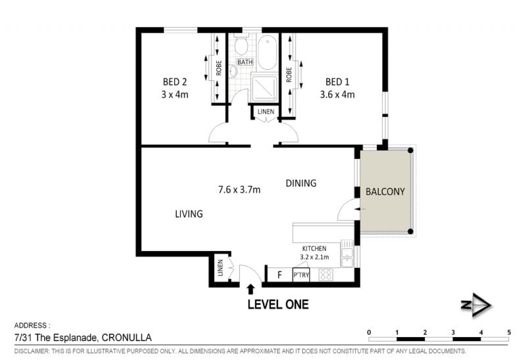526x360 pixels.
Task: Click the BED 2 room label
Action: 175,81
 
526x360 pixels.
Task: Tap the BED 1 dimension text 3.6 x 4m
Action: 337,95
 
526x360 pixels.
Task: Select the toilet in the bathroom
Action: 241,45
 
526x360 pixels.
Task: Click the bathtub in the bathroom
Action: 268,53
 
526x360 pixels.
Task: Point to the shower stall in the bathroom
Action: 264,87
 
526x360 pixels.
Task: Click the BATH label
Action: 245,62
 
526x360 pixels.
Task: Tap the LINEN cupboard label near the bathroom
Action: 266,112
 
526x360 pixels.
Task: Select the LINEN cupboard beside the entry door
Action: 220,268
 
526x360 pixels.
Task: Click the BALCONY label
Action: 385,192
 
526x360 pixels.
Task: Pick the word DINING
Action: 301,183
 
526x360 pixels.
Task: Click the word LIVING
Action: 189,214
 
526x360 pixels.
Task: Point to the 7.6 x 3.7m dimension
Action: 239,190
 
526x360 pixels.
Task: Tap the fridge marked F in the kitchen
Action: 280,275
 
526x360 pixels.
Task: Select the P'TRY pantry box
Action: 301,275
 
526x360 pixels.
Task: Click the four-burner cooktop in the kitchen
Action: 325,275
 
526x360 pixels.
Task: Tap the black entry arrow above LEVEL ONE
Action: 251,289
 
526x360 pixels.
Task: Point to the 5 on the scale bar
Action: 509,332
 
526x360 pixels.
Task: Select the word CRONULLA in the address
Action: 126,338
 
